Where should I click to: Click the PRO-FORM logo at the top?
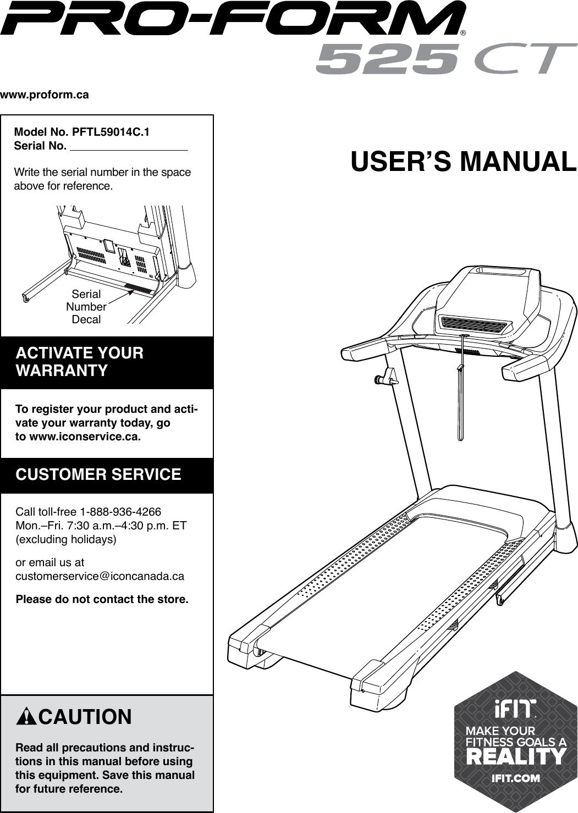tap(233, 19)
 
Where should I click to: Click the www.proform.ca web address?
tap(45, 95)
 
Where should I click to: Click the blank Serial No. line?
tap(129, 146)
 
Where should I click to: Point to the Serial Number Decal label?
tap(86, 307)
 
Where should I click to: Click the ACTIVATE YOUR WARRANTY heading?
tap(80, 362)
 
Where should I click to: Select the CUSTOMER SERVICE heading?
tap(98, 474)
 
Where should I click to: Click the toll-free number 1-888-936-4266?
tap(120, 512)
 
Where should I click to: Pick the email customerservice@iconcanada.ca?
tap(100, 577)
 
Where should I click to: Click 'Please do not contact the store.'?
tap(102, 599)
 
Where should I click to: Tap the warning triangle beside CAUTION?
tap(25, 717)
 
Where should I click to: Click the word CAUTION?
tap(85, 717)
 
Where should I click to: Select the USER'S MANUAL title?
tap(464, 162)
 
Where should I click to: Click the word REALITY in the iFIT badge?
tap(515, 757)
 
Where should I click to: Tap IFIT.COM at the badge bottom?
tap(515, 778)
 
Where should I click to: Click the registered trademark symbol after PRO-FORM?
tap(463, 32)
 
